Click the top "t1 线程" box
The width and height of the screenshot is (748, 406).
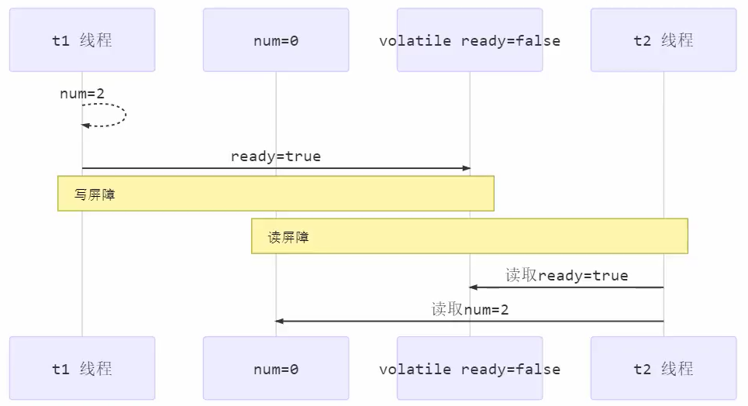82,40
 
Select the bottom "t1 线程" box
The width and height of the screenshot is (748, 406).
82,369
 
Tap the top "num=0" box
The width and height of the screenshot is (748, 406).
276,40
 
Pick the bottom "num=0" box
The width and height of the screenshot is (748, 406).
276,369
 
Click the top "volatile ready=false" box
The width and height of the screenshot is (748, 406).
470,40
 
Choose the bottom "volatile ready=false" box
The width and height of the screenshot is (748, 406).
470,369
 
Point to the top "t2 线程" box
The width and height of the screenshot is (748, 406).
664,40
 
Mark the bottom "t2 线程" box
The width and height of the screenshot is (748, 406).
664,369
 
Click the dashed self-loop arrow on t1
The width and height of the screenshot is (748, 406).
124,115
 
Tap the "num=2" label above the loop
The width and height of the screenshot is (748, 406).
82,94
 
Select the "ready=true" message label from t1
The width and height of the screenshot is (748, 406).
276,157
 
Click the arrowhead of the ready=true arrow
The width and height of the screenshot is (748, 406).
466,168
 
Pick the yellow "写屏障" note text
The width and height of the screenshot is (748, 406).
95,194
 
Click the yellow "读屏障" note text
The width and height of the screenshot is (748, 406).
288,237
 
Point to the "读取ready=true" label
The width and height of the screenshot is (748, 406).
567,276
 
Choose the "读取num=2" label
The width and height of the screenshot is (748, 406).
470,310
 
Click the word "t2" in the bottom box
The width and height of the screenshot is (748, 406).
643,370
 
